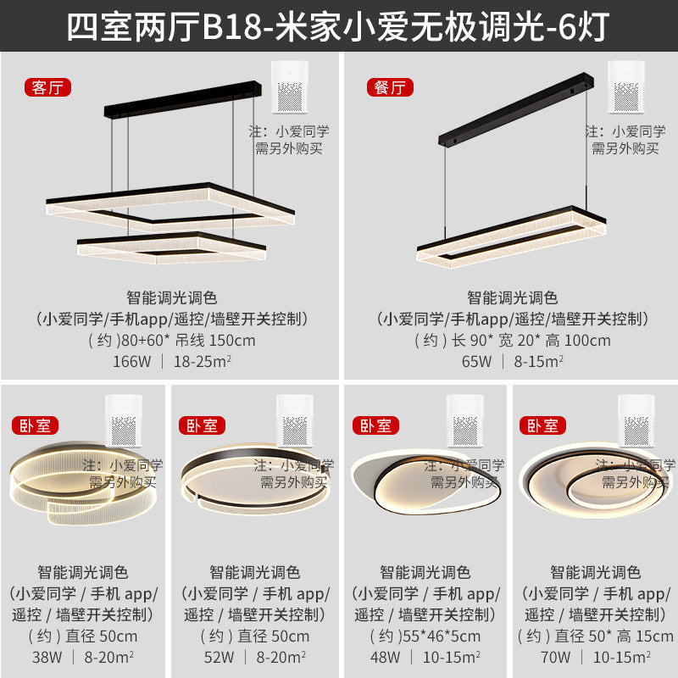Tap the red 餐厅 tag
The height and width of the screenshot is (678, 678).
(x=388, y=87)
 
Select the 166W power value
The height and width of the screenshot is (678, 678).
(x=131, y=361)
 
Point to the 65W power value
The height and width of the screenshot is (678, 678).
(x=475, y=361)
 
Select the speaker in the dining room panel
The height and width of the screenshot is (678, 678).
(x=631, y=87)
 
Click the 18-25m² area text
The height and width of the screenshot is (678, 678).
(x=203, y=361)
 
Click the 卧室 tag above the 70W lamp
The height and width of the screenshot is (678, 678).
(x=544, y=425)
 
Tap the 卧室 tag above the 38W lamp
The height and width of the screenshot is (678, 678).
(x=34, y=425)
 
